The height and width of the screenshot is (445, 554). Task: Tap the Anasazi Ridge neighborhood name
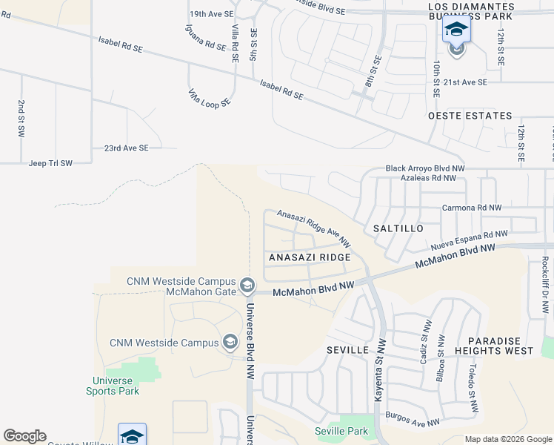coord(309,257)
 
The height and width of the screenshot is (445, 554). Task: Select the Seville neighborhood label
coord(347,349)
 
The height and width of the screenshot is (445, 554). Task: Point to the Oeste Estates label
coord(470,116)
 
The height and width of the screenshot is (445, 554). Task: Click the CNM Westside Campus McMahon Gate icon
coord(247,285)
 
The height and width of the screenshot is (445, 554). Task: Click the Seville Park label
coord(341,431)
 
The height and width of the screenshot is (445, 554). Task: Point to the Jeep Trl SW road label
coord(50,163)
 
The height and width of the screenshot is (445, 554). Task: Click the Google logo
coord(24,436)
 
